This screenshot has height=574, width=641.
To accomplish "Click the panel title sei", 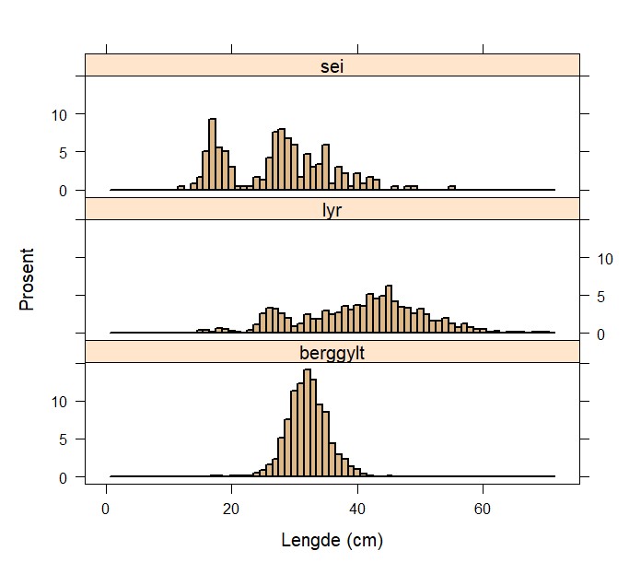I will coord(332,65).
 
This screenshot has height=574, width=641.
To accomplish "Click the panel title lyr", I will coord(332,209).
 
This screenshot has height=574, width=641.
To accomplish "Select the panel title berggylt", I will coord(332,352).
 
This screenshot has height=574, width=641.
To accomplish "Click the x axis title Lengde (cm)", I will coord(332,541).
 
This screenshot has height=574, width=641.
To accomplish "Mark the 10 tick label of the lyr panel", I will coord(602,259).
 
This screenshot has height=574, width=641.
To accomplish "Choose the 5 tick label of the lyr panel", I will coord(599,297).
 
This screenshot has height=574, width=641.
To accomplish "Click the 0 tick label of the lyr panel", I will coord(599,334).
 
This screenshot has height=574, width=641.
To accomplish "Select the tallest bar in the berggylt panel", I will coord(307,424).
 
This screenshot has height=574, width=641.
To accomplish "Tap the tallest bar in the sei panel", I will coord(213,155).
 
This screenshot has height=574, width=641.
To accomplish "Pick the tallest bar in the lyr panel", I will coord(389,309).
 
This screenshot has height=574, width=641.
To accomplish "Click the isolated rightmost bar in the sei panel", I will coord(451,188).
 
